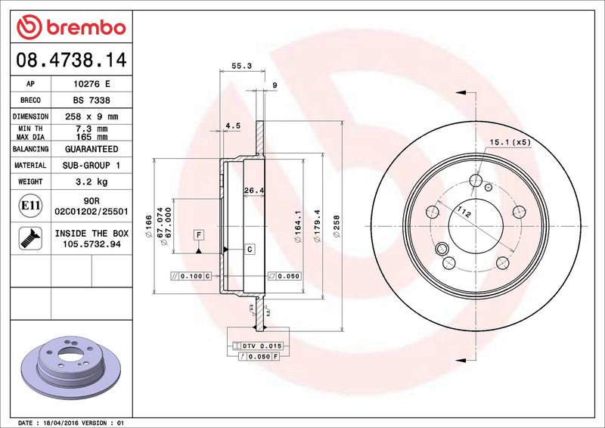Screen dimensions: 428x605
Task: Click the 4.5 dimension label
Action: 233,126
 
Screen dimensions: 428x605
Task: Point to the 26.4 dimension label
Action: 253,191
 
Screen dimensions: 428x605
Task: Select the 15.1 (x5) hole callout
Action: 510,142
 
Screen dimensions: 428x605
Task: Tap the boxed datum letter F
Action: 198,234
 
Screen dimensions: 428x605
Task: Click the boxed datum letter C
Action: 249,248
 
